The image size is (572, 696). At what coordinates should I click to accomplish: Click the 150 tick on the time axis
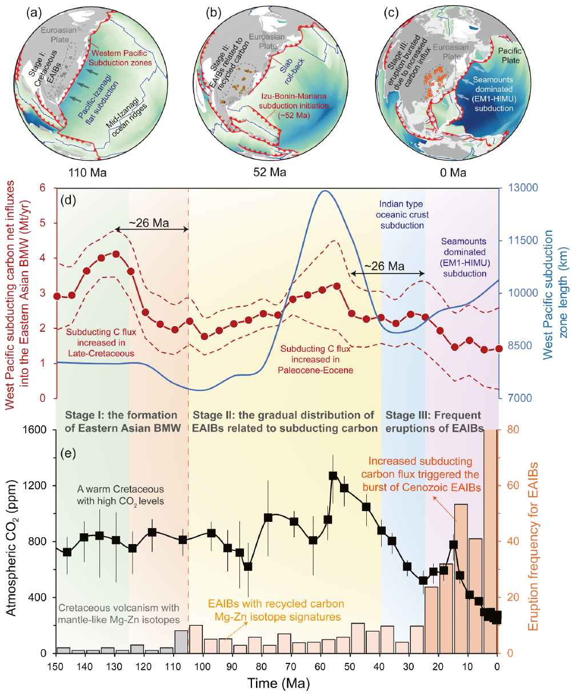pos(56,665)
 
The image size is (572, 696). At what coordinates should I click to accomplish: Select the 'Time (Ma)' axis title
pos(277,683)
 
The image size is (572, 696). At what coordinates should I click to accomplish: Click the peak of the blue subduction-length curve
pos(325,191)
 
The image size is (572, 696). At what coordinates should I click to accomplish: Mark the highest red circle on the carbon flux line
pos(116,254)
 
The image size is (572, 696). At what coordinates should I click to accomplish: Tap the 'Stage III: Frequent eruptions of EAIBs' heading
pos(433,421)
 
